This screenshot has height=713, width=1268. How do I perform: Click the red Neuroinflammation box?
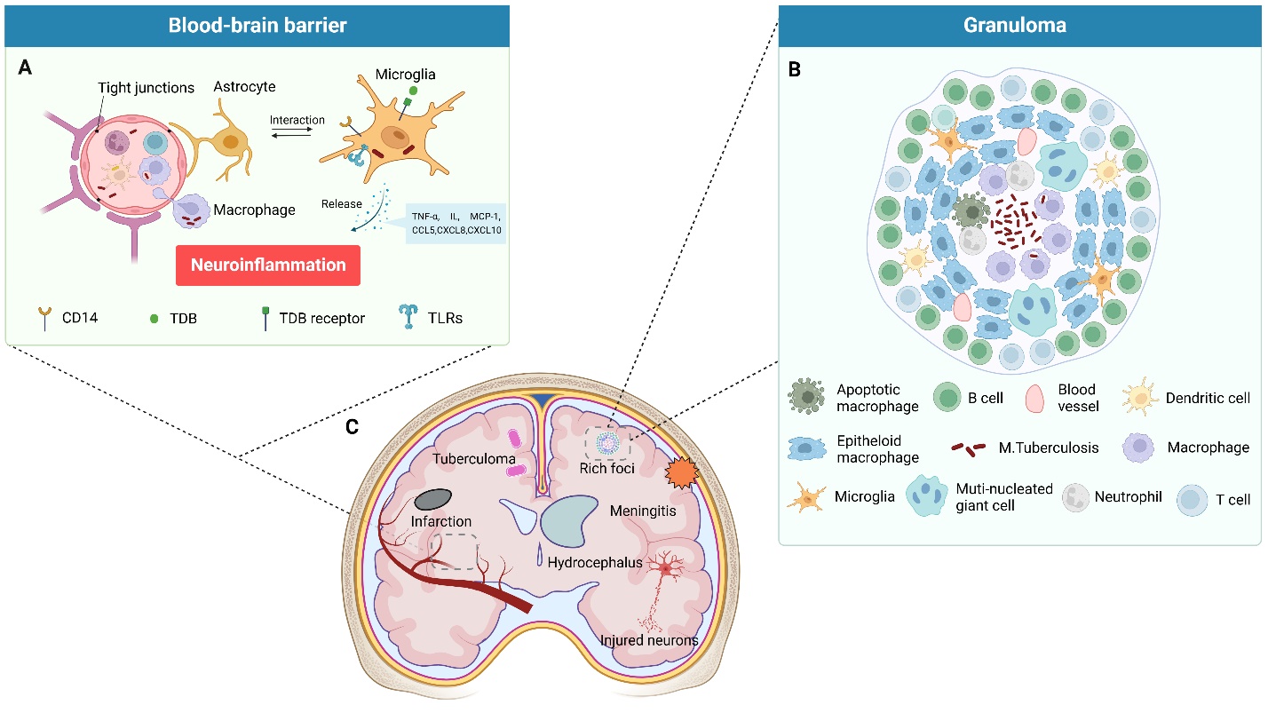[267, 265]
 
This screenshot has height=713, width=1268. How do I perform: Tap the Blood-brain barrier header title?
[258, 26]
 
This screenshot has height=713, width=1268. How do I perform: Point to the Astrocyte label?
[244, 87]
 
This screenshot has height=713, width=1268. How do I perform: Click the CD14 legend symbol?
[43, 317]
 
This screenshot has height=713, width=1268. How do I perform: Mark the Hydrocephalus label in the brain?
[595, 562]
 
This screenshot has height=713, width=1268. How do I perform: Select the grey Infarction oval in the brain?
[433, 500]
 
